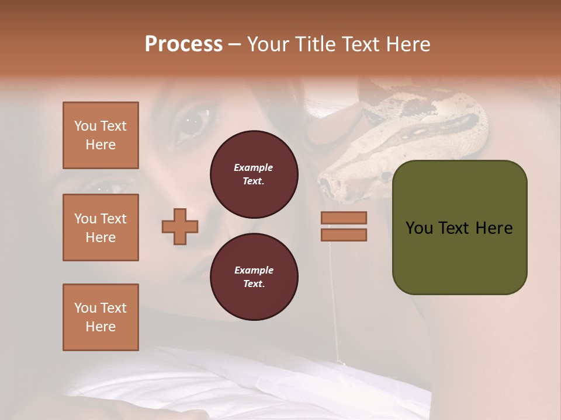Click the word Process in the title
tap(183, 44)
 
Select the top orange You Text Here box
tap(101, 135)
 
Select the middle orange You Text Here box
tap(101, 228)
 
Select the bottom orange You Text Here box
tap(101, 317)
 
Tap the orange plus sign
tap(180, 226)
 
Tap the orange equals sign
tap(344, 226)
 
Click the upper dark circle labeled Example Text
tap(254, 174)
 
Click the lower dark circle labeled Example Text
tap(254, 276)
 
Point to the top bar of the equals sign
tap(344, 218)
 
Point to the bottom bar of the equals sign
tap(344, 235)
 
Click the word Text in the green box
tap(459, 228)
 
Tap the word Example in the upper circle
tap(254, 167)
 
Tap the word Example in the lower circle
tap(254, 270)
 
